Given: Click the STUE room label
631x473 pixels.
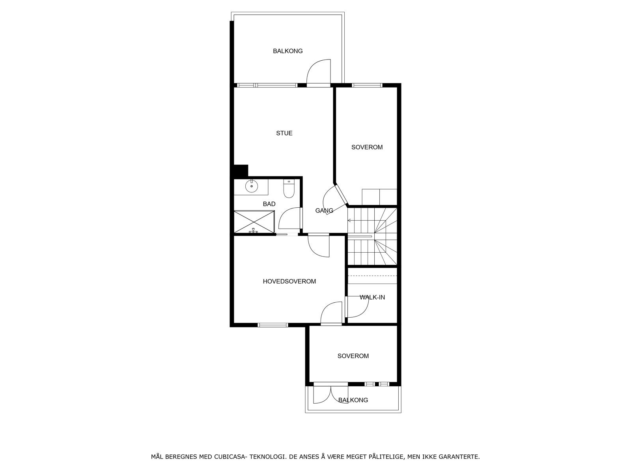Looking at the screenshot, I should coord(284,133).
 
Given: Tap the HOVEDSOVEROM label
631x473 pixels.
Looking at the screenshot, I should coord(289,281).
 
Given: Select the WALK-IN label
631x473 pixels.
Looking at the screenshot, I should coord(372,297).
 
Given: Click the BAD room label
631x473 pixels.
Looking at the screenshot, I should coord(269,204).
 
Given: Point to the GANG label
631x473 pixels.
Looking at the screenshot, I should coord(324,210).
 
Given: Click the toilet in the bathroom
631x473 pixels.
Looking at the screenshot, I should coord(289,189).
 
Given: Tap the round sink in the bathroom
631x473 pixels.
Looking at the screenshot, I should coord(251,186).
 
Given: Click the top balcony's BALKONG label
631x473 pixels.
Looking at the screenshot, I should coord(287,51).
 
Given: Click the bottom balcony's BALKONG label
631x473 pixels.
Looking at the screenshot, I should coord(353,400).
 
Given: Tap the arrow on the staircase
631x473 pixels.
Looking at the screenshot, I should coord(349,220).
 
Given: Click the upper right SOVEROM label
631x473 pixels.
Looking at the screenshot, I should coord(367,147).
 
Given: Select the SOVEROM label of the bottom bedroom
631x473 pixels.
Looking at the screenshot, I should coord(353,356).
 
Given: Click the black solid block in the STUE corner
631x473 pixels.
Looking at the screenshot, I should coord(240,171).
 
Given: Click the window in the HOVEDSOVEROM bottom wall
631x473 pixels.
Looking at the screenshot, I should coord(273,325).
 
